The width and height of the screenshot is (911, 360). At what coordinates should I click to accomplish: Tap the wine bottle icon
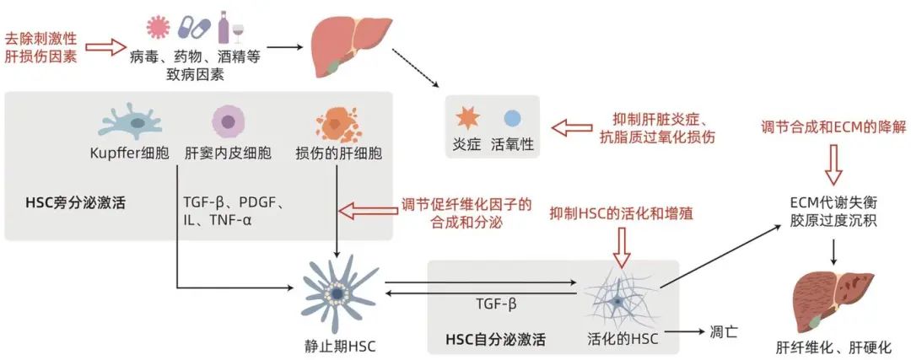pos(224,27)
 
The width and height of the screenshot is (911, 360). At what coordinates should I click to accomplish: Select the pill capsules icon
pos(193,27)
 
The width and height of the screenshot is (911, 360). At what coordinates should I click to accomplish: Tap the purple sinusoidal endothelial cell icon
pos(228,121)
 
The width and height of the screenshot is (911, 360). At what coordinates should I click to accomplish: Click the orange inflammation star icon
pos(467,118)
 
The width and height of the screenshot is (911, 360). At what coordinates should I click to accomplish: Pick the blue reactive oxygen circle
pos(513,118)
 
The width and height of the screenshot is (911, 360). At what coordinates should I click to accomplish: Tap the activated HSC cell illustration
pos(620,300)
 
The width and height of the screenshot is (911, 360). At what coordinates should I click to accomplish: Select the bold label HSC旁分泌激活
pos(76,204)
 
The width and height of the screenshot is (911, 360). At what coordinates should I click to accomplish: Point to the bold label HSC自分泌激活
pos(496,339)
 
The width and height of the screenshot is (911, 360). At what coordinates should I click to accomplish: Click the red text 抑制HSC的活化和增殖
pos(622,213)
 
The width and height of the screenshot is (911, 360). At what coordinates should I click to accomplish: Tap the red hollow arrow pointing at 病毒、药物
pos(105,47)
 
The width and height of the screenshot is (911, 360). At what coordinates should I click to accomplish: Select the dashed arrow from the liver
pos(415,68)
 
